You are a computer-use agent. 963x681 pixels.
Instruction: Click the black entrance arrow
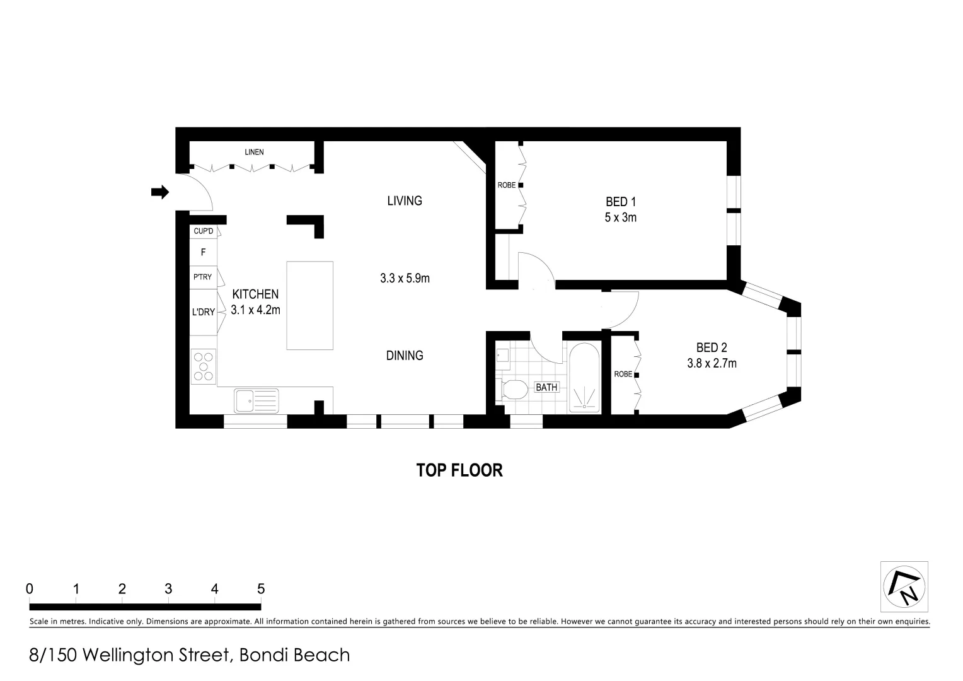click(160, 192)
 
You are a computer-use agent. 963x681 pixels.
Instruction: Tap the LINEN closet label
click(254, 152)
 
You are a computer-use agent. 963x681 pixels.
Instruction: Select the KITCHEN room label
click(255, 294)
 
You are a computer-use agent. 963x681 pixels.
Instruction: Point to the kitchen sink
click(256, 400)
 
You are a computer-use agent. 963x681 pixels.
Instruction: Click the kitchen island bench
click(309, 305)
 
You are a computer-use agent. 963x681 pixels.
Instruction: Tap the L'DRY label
click(204, 311)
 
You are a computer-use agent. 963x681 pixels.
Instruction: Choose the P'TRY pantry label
click(202, 277)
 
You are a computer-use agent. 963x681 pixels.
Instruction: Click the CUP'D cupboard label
click(203, 231)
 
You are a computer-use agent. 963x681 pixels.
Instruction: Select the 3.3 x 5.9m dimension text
click(405, 278)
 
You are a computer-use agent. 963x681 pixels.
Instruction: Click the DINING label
click(405, 356)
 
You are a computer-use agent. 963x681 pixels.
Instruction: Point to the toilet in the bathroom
click(514, 390)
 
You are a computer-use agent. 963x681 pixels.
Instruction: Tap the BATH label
click(546, 387)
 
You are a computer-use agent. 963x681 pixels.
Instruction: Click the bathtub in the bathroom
click(584, 378)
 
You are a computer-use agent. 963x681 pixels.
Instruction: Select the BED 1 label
click(621, 202)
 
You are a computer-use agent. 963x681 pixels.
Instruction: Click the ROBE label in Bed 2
click(623, 375)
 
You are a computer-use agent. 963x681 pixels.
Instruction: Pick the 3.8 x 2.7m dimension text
click(712, 363)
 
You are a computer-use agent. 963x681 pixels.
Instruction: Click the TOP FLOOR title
click(459, 470)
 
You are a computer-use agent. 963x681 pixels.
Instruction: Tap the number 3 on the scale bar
click(168, 589)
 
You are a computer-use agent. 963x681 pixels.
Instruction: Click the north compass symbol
click(904, 586)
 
